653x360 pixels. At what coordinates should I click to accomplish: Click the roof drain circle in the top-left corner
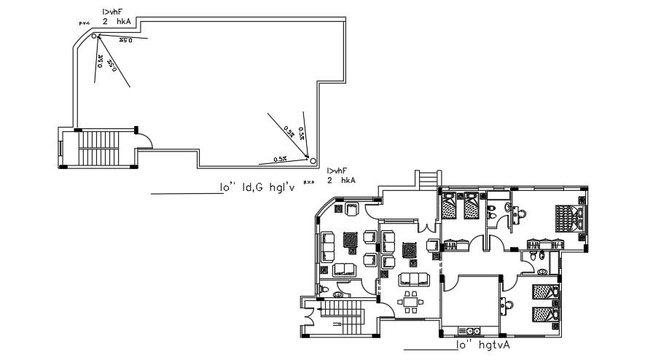click(94, 36)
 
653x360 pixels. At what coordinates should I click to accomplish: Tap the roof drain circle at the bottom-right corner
click(309, 157)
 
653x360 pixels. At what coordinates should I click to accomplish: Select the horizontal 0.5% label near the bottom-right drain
click(280, 158)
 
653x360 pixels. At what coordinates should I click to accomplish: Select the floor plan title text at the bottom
click(482, 345)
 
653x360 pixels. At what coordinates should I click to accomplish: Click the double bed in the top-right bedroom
click(569, 219)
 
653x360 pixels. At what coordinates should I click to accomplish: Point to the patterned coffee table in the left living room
click(351, 240)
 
